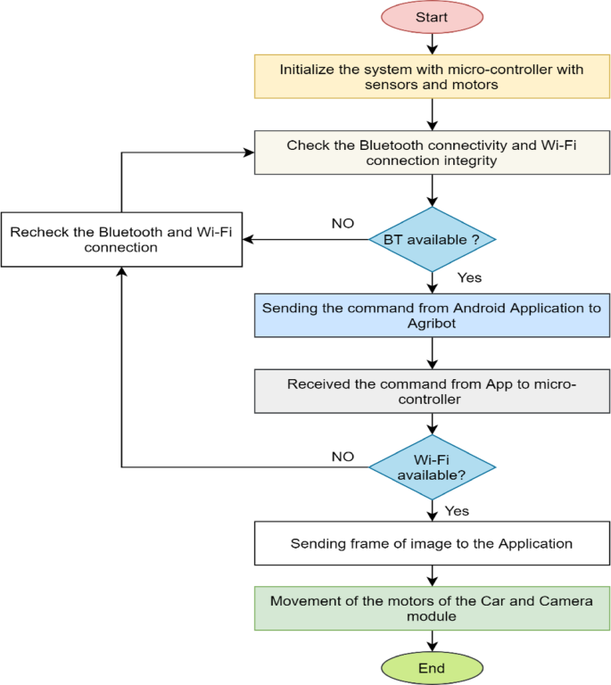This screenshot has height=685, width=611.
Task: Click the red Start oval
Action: click(432, 16)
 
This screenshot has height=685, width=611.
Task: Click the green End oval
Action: click(432, 668)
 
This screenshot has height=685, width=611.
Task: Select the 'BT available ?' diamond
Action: click(432, 239)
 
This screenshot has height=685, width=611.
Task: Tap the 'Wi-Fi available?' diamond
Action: click(432, 466)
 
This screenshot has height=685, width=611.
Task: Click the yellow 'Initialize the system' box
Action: click(432, 77)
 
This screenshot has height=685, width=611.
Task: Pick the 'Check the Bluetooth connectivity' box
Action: click(432, 153)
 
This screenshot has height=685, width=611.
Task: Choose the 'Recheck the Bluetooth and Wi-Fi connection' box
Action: click(122, 239)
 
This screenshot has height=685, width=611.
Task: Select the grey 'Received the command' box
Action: click(432, 392)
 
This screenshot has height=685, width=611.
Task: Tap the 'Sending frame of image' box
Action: click(432, 543)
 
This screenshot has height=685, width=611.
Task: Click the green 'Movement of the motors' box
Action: click(432, 608)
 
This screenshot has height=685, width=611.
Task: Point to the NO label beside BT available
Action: click(343, 222)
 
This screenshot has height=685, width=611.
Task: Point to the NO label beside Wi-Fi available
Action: click(343, 457)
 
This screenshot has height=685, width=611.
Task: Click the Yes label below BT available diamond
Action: click(469, 277)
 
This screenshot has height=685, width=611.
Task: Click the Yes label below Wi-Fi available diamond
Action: click(457, 511)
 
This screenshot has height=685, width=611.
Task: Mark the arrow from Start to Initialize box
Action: click(432, 43)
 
